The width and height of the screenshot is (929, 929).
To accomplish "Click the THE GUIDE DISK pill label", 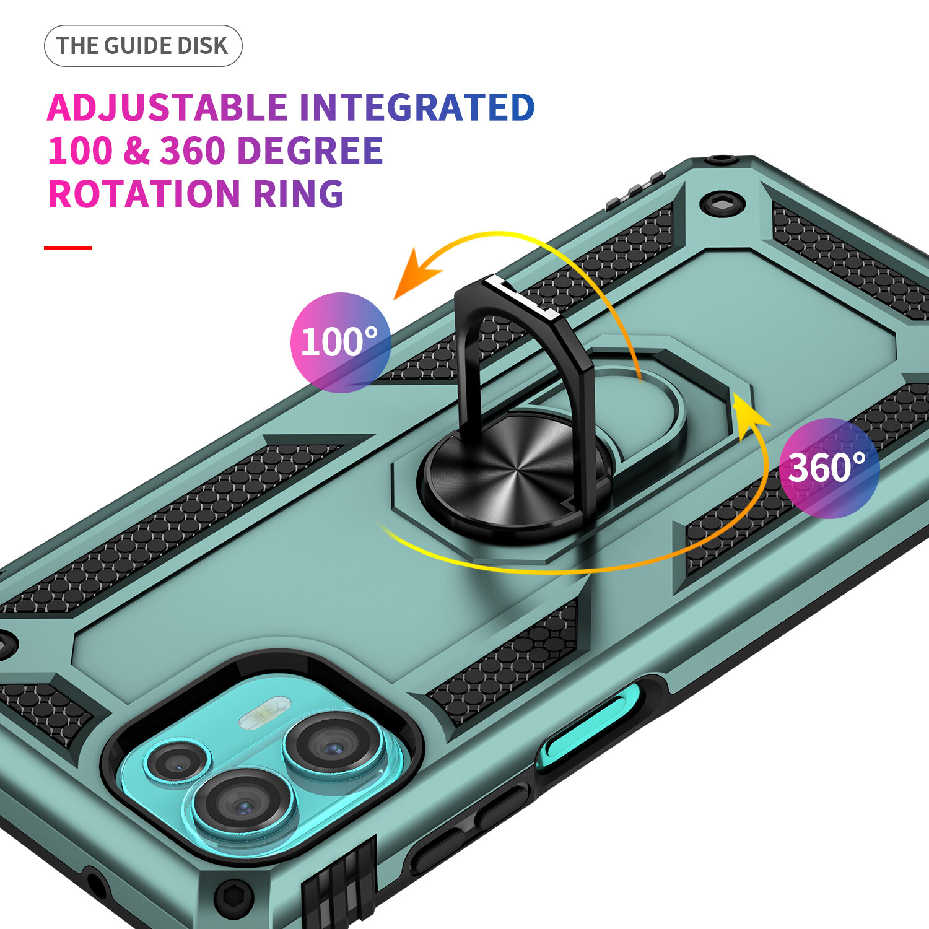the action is (x=143, y=46).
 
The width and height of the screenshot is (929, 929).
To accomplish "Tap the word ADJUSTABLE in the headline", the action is (x=168, y=108).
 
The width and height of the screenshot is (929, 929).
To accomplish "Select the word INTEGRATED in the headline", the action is (x=417, y=107).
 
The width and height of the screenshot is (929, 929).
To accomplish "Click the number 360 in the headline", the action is (x=193, y=151).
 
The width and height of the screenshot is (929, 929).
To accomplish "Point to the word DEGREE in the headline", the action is (x=310, y=151).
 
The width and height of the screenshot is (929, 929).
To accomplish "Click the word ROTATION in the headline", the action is (x=144, y=194).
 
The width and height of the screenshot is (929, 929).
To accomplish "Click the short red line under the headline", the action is (x=68, y=248).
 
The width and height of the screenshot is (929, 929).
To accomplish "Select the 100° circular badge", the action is (x=341, y=342).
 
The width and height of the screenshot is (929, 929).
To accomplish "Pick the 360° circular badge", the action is (x=829, y=468).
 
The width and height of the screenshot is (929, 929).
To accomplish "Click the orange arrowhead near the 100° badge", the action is (x=415, y=273).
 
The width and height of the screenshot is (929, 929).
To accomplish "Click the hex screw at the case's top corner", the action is (x=722, y=203).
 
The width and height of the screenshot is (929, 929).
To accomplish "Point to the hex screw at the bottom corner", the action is (x=233, y=896).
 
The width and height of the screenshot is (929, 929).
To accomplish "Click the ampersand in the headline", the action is (x=136, y=151).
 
